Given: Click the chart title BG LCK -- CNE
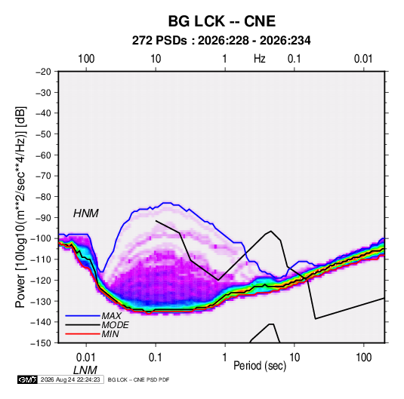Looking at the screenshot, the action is click(222, 21).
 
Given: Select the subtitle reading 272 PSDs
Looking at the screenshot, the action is click(159, 41).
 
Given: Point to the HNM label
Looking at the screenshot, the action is click(86, 213).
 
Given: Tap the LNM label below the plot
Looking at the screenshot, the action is click(85, 370).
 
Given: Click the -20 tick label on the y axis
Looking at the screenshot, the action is click(43, 72).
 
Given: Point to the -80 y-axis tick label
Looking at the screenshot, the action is click(43, 197).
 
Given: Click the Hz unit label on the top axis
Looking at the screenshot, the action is click(260, 59).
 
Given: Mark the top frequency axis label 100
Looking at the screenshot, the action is click(86, 59).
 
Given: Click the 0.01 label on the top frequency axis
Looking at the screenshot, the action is click(363, 59).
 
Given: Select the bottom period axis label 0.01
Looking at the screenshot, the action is click(86, 358).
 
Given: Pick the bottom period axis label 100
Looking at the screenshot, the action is click(363, 358).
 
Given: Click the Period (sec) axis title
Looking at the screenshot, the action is click(260, 366).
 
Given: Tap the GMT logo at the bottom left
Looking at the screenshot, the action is click(28, 379).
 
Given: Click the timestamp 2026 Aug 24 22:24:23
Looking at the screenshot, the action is click(70, 379).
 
